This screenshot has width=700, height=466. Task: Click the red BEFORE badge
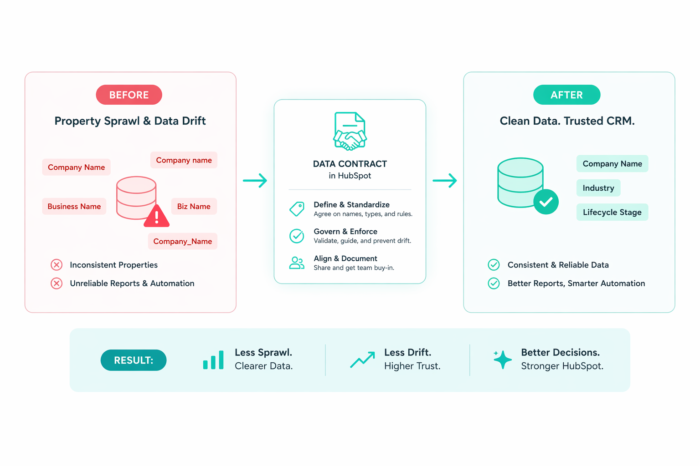pos(129,95)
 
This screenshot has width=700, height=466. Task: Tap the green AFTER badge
pos(566,95)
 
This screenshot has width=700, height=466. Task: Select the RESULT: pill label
pos(134,360)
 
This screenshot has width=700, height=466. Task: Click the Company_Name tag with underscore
pos(182,241)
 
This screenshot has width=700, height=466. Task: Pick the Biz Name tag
pos(194,206)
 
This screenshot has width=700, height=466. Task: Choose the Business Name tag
pos(74,206)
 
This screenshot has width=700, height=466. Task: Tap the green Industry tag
pos(598,188)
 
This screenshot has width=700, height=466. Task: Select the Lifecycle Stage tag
pos(612,212)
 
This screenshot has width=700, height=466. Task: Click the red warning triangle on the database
pos(157,217)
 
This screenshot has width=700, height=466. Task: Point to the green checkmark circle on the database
pos(546,202)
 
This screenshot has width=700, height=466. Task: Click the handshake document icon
pos(350,132)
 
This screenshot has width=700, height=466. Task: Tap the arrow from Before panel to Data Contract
pos(255,181)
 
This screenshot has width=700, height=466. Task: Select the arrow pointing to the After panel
pos(444,181)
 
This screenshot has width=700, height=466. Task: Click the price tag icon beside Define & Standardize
pos(297,209)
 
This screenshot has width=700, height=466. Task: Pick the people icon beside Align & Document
pos(297,263)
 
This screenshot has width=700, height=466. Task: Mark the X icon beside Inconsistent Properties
pos(57,265)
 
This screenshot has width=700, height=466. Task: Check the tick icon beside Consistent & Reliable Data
pos(494,265)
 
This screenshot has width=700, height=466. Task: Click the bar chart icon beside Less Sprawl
pos(213,360)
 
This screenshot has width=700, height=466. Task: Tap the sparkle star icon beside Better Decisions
pos(502,360)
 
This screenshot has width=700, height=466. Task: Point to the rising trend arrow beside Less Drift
pos(363,360)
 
